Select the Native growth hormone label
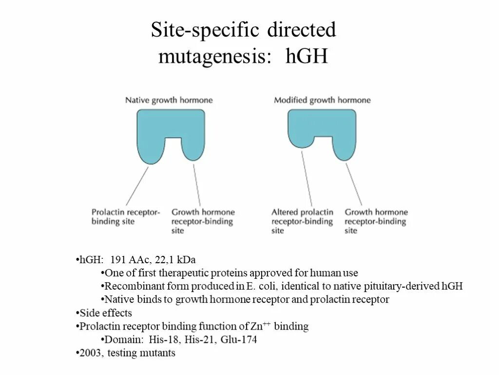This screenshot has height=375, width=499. click(x=169, y=100)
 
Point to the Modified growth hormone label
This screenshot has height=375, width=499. click(x=322, y=100)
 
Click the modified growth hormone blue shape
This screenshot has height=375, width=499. click(x=322, y=122)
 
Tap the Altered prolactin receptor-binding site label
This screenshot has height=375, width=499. click(x=302, y=221)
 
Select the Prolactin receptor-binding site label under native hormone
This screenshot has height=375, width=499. click(x=126, y=217)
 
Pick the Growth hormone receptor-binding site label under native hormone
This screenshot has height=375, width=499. click(x=203, y=221)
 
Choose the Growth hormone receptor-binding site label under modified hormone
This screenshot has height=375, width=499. click(x=376, y=221)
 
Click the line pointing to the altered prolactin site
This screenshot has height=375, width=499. click(x=307, y=178)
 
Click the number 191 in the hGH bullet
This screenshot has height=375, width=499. click(x=119, y=260)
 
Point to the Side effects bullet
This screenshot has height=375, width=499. click(x=105, y=313)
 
